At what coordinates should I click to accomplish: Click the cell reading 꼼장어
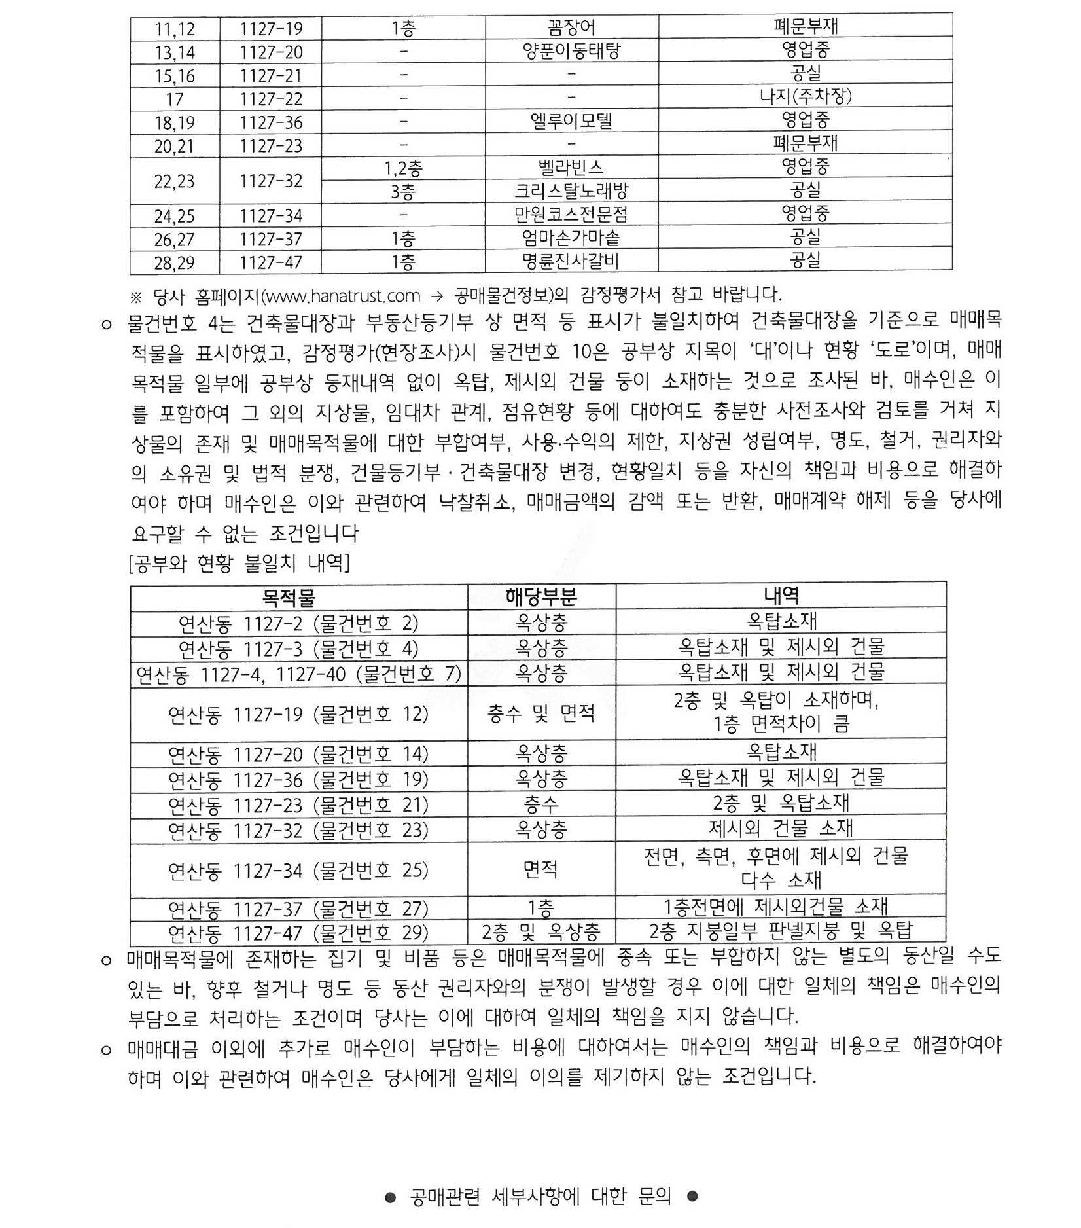[571, 28]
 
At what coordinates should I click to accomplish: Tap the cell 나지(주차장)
[805, 97]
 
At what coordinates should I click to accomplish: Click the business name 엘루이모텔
[571, 121]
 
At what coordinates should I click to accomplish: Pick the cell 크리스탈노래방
[571, 191]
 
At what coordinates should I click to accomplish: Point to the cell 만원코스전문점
[571, 215]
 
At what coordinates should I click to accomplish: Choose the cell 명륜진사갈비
[571, 262]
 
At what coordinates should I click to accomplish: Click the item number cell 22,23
[174, 181]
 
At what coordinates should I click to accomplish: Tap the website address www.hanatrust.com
[344, 297]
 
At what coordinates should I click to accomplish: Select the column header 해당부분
[540, 597]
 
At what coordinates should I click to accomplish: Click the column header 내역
[781, 596]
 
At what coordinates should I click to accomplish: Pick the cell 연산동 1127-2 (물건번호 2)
[298, 623]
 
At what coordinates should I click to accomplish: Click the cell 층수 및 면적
[540, 713]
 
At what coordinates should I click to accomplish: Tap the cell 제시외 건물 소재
[781, 829]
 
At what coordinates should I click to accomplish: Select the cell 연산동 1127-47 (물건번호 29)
[298, 932]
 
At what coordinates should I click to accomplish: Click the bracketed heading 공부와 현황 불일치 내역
[239, 563]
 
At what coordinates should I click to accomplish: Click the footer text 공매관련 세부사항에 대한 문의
[540, 1197]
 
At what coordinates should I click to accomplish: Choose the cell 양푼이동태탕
[571, 52]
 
